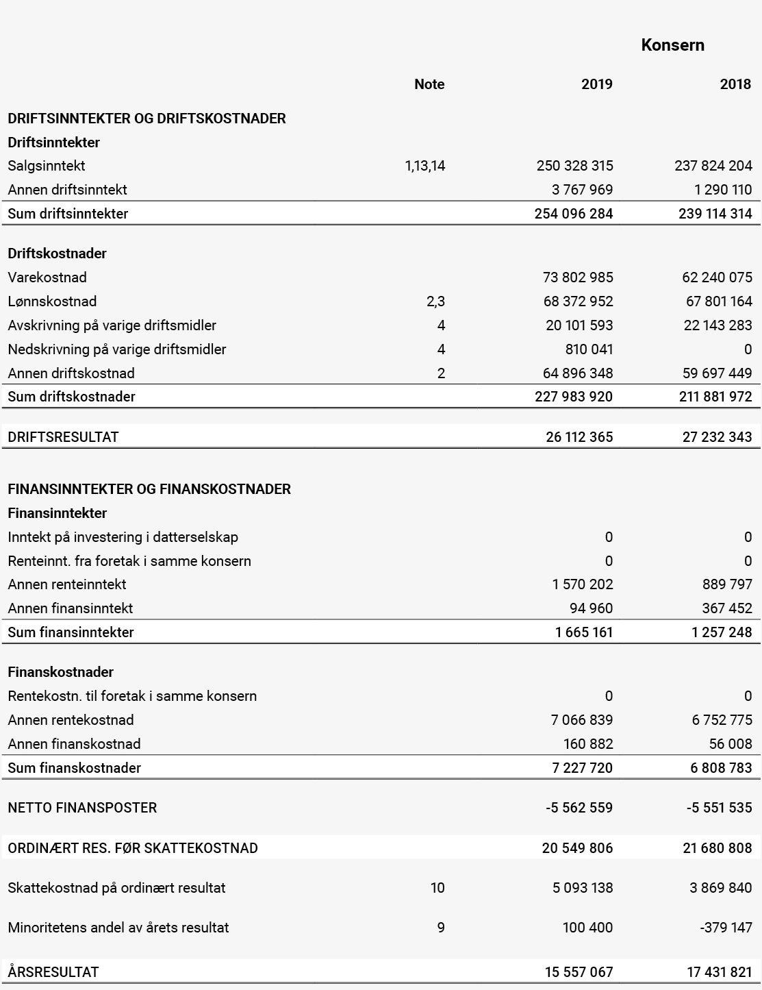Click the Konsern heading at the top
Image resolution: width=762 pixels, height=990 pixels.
(672, 45)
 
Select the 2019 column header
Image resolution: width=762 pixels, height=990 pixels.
(596, 84)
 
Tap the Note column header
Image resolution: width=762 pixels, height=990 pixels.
(429, 84)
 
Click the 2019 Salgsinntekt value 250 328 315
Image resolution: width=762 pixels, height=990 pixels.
(574, 166)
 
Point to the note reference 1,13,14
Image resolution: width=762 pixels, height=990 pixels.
(424, 166)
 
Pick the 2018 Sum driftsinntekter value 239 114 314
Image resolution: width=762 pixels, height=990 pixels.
(715, 214)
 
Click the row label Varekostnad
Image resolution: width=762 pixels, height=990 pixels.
(47, 277)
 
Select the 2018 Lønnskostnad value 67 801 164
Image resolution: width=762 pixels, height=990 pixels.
(718, 301)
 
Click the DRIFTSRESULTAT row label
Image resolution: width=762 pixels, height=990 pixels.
(63, 437)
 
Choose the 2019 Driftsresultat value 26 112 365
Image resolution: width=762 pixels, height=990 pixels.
(579, 437)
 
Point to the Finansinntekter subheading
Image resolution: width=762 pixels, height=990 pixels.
(58, 513)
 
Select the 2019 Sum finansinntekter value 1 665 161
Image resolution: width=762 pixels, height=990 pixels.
(583, 632)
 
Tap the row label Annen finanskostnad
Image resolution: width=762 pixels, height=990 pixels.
(74, 744)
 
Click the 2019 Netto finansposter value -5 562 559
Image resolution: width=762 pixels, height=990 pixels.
(579, 808)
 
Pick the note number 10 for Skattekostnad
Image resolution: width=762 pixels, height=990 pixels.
(437, 888)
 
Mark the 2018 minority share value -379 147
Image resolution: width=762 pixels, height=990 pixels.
(726, 928)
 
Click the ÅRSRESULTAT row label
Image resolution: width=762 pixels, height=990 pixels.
(53, 972)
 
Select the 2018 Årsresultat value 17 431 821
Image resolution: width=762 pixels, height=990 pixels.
(719, 972)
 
